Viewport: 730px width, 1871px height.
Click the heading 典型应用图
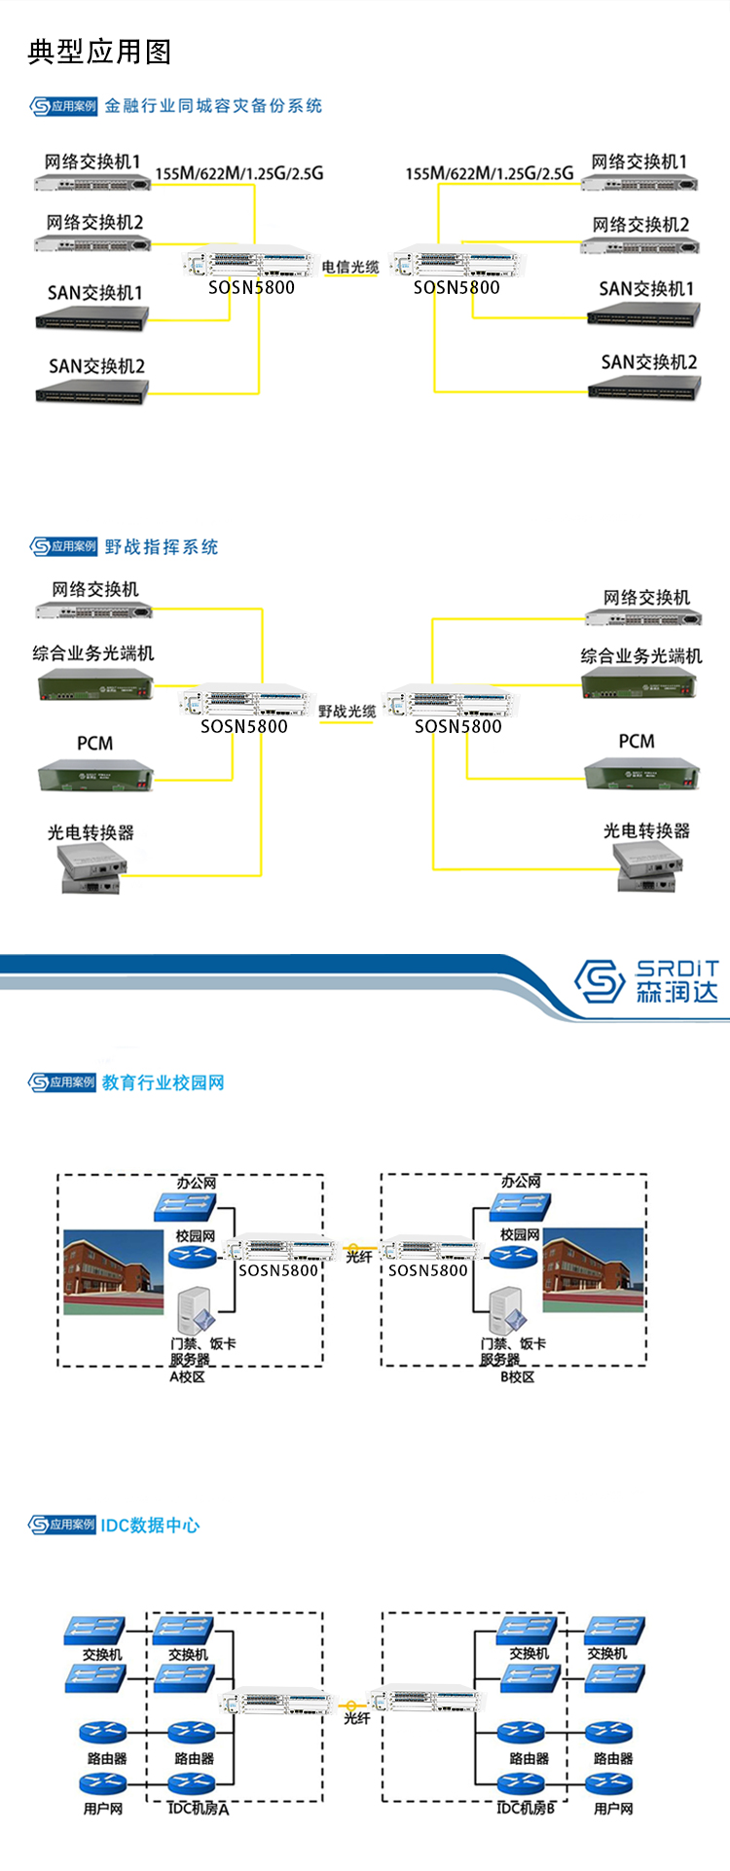(x=99, y=52)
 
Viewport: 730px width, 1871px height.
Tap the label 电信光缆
(x=349, y=267)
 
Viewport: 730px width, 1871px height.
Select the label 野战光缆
(x=347, y=712)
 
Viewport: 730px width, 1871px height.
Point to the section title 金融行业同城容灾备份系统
(x=213, y=106)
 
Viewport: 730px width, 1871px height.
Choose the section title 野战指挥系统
(x=162, y=547)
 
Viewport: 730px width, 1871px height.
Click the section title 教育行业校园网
(x=164, y=1082)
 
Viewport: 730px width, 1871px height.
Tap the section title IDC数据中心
(x=150, y=1525)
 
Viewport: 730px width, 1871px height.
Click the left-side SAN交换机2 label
(x=96, y=367)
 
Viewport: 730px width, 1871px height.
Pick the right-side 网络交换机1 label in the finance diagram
(x=639, y=162)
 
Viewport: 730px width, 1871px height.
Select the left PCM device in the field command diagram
(x=95, y=776)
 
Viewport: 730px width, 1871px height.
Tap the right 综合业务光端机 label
(x=640, y=656)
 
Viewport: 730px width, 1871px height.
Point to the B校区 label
(x=517, y=1376)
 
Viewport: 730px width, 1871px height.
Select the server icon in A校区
(x=197, y=1310)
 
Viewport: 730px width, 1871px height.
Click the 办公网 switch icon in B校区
(x=520, y=1206)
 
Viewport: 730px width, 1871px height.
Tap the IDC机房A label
(x=198, y=1808)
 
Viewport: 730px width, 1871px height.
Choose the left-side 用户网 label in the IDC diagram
(x=103, y=1809)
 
